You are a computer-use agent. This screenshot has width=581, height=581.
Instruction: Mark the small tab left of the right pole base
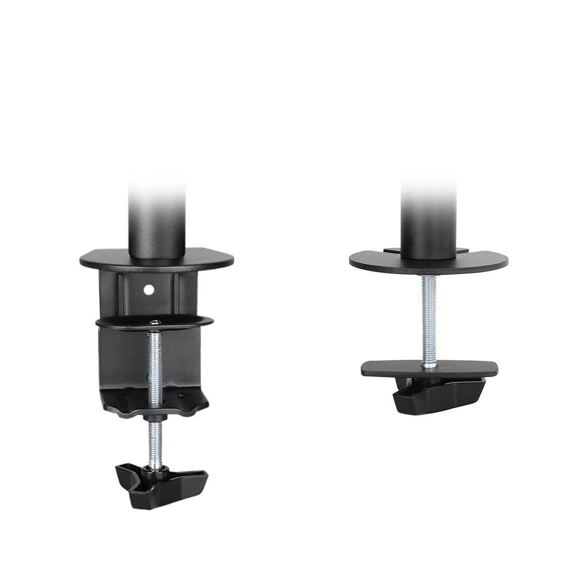[x=392, y=250]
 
